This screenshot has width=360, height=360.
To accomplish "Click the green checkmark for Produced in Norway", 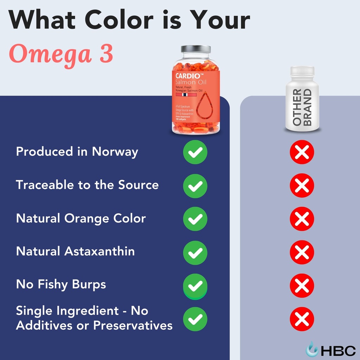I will pyautogui.click(x=195, y=152).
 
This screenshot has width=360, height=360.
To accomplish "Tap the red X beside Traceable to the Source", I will pyautogui.click(x=302, y=185).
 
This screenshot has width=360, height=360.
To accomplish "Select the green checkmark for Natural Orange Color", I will pyautogui.click(x=195, y=219).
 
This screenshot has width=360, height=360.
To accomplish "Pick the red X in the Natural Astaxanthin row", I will pyautogui.click(x=302, y=252).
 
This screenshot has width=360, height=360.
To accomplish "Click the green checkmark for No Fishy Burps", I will pyautogui.click(x=195, y=286).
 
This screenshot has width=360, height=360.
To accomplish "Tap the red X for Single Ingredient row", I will pyautogui.click(x=302, y=319).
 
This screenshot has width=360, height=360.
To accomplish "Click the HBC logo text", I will pyautogui.click(x=338, y=351).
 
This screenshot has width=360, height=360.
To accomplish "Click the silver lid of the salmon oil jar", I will pyautogui.click(x=196, y=49).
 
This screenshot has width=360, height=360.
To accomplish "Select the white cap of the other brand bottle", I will pyautogui.click(x=302, y=71).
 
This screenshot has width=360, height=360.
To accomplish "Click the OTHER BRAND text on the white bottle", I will pyautogui.click(x=302, y=107).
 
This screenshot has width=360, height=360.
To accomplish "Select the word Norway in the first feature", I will pyautogui.click(x=115, y=152).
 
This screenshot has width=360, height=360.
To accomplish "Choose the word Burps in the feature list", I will pyautogui.click(x=89, y=284).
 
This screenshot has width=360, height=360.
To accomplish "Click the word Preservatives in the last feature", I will pyautogui.click(x=133, y=325).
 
